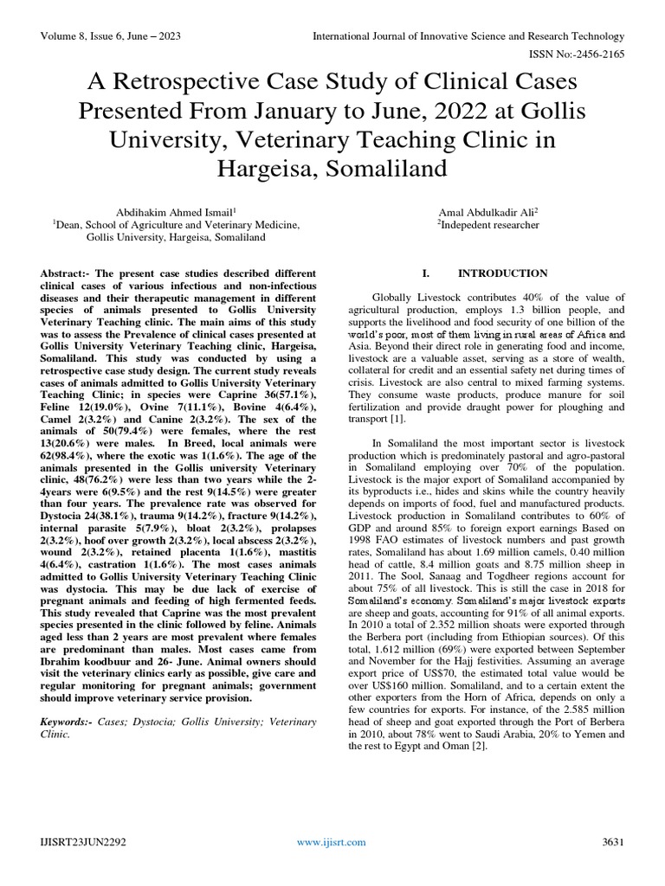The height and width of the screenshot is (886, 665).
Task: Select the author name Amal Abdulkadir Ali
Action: [x=487, y=211]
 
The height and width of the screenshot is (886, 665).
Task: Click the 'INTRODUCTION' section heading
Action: [x=502, y=273]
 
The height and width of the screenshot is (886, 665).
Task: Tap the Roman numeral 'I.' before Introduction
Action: [x=426, y=273]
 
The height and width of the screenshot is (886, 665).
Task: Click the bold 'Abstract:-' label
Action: [x=67, y=273]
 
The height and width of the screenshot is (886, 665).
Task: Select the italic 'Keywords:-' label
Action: [x=70, y=721]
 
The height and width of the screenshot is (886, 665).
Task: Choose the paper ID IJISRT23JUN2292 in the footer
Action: [x=84, y=842]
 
